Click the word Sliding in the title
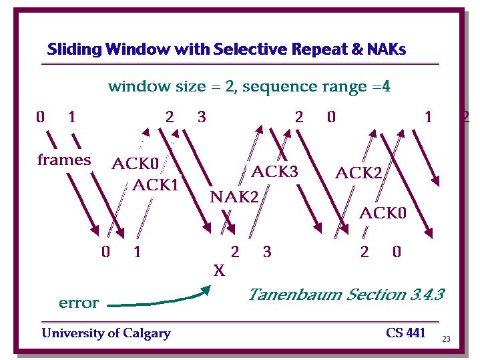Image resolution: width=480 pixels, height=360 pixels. [x=74, y=49]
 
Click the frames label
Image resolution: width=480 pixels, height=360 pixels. [x=64, y=160]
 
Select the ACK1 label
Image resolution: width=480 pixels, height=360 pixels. [x=155, y=185]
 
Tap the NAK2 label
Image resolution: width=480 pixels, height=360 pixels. [x=234, y=196]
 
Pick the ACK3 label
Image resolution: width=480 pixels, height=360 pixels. [x=274, y=171]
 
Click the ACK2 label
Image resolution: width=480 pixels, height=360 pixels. [x=358, y=173]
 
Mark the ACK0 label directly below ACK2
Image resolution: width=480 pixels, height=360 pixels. [x=383, y=213]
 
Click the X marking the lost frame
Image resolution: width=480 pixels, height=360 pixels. [x=219, y=271]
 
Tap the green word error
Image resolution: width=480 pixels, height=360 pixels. [x=79, y=303]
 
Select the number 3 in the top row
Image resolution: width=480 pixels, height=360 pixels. [x=202, y=117]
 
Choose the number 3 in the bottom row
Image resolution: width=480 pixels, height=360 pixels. [x=267, y=252]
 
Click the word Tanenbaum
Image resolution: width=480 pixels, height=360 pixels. [x=295, y=295]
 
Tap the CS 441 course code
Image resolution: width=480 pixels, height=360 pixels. [x=406, y=333]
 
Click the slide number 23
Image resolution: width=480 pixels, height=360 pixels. [x=446, y=339]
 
